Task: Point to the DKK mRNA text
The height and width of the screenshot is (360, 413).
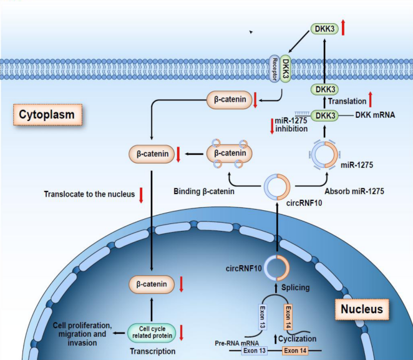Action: [x=376, y=115]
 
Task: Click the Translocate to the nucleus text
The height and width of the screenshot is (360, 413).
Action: [x=89, y=195]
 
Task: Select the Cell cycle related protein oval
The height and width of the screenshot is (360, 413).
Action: [x=150, y=333]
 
